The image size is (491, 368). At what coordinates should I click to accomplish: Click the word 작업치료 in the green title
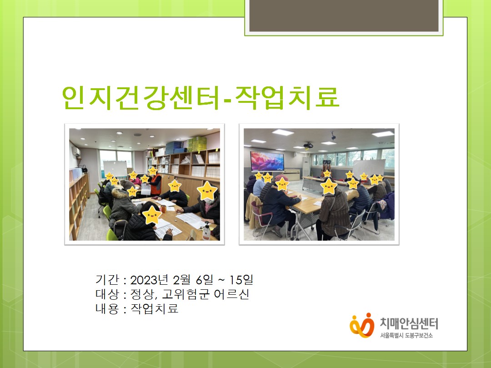(x=287, y=97)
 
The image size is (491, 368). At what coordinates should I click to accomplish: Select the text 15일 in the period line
(x=241, y=280)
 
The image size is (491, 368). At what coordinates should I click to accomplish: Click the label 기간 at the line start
(x=107, y=280)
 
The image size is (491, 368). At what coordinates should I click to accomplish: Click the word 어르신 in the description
(x=232, y=294)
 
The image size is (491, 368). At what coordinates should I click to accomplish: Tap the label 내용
(x=107, y=309)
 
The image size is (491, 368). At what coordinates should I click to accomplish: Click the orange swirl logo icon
(x=362, y=325)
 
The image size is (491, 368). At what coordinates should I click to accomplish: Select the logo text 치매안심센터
(x=409, y=323)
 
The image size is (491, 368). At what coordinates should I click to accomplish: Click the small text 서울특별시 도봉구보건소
(x=406, y=335)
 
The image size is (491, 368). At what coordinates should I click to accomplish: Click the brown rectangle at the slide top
(x=344, y=15)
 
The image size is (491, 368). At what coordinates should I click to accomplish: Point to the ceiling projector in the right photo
(x=308, y=145)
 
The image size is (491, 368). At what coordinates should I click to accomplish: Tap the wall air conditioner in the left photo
(x=76, y=152)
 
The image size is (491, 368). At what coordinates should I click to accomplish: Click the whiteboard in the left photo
(x=115, y=169)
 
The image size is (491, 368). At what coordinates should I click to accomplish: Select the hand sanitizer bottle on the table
(x=206, y=232)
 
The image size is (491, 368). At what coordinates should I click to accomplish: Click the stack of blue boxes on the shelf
(x=175, y=147)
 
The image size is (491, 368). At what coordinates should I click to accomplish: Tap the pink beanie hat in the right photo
(x=281, y=178)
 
